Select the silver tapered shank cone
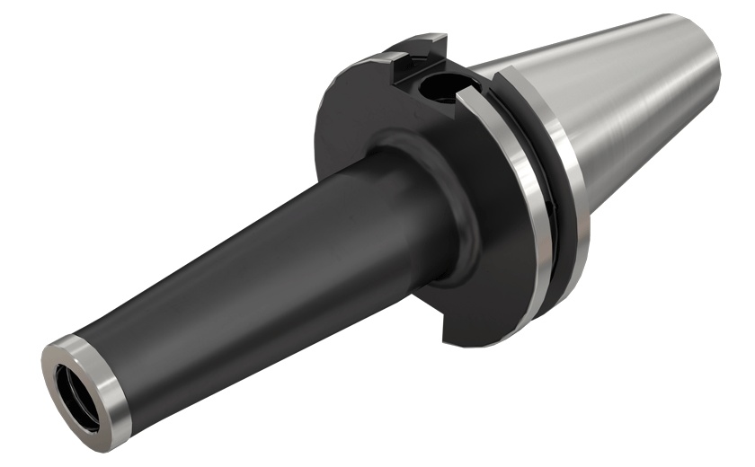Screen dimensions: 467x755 [x=629, y=117]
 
